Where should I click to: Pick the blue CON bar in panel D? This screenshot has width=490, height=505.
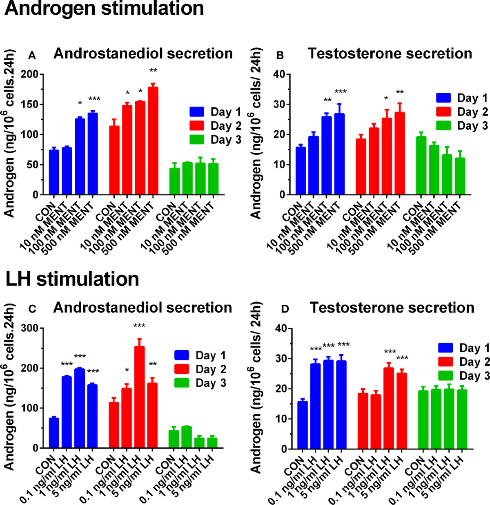(303, 425)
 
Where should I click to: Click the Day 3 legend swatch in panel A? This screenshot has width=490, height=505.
(197, 140)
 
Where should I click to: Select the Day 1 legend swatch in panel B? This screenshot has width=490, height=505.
(443, 98)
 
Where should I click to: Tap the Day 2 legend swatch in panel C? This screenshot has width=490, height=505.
(182, 369)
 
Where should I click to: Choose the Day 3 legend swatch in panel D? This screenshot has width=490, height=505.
(445, 376)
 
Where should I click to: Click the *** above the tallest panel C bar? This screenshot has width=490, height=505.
(140, 326)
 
